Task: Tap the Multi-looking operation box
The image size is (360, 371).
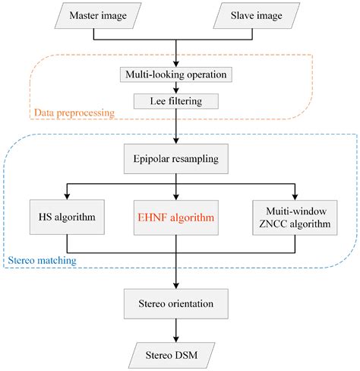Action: tap(175, 75)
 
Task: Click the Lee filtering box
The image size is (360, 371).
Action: tap(175, 100)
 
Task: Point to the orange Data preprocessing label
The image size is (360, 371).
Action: tap(73, 114)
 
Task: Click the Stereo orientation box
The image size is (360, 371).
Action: tap(175, 303)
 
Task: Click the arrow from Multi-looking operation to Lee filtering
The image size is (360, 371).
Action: tap(175, 88)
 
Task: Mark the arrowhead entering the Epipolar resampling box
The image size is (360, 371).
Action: tap(175, 142)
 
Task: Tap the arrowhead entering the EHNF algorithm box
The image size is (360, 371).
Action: tap(175, 195)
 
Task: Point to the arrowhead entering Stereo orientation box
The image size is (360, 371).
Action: tap(175, 284)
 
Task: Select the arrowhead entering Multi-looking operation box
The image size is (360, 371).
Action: tap(175, 63)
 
